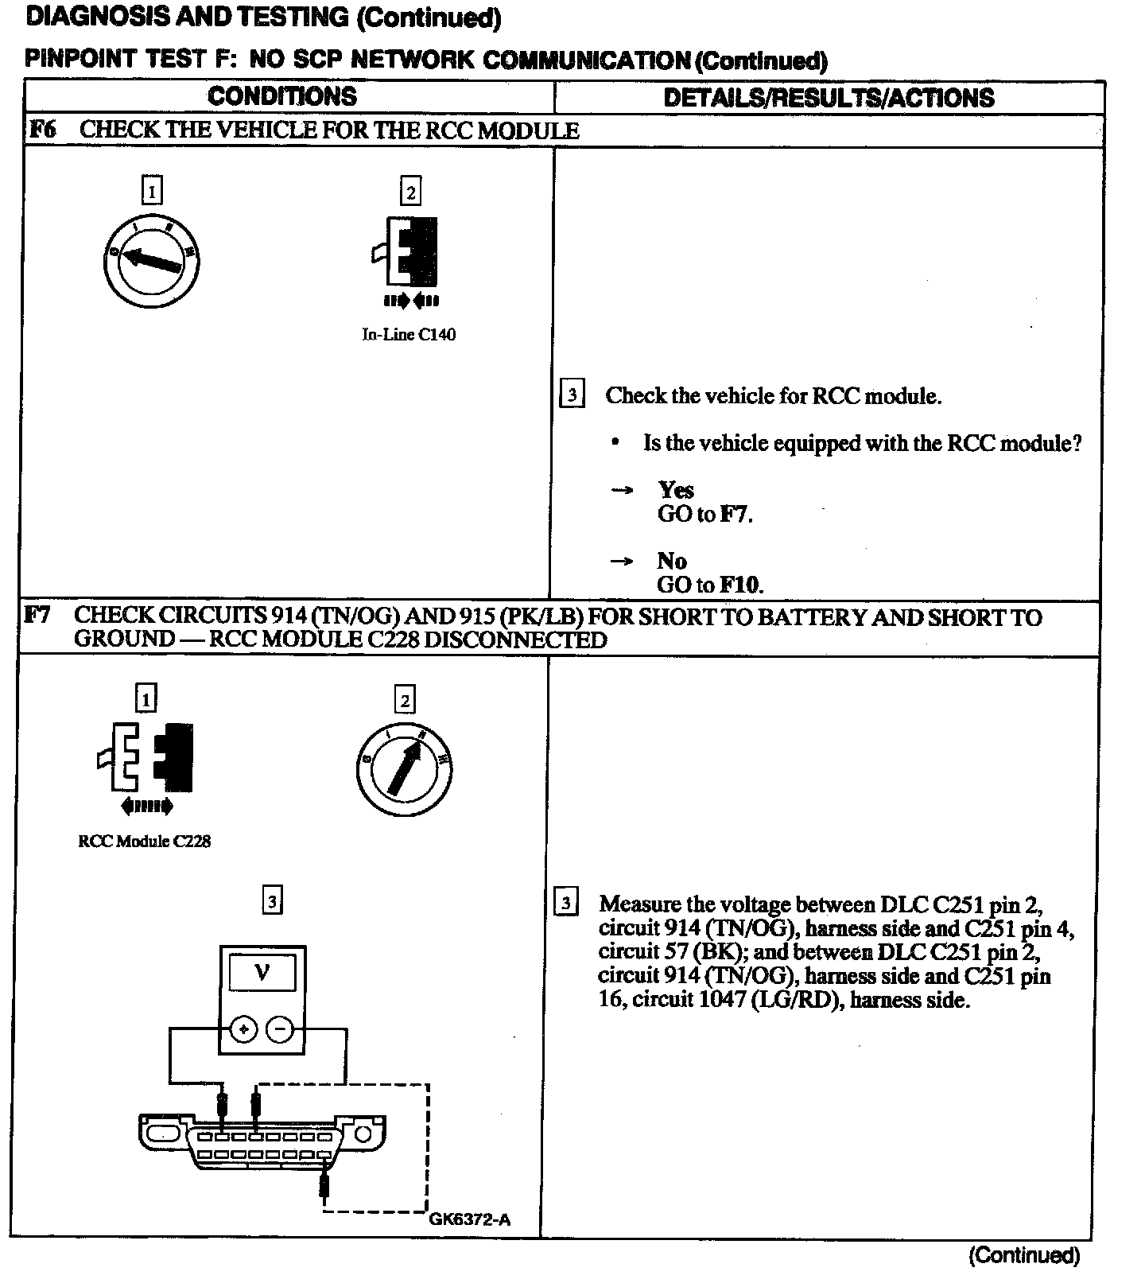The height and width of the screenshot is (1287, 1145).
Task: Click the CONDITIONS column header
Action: point(282,96)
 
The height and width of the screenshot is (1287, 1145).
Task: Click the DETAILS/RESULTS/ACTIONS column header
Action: point(829,98)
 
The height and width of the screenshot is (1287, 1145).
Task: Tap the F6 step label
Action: point(42,130)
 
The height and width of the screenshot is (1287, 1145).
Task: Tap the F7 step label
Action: point(37,615)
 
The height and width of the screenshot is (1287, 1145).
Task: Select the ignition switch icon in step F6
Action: point(152,261)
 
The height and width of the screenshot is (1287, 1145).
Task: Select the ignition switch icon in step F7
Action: point(405,767)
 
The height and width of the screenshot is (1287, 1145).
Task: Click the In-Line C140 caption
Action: point(409,335)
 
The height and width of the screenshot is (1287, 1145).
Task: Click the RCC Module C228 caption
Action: point(145,841)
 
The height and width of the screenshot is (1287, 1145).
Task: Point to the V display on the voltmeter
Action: point(262,973)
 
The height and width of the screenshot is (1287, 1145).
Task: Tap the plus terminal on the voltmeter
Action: point(243,1030)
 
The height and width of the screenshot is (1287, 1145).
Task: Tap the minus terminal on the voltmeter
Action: point(280,1030)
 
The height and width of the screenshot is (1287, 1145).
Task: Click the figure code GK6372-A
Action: point(469,1219)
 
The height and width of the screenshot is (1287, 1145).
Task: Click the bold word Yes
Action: point(676,490)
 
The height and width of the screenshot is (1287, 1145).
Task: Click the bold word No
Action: point(672,561)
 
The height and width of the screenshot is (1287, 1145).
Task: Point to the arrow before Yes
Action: point(622,491)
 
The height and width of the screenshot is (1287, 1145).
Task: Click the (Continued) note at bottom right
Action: point(1024,1255)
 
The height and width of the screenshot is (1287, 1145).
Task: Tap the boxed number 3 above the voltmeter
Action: point(272,901)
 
